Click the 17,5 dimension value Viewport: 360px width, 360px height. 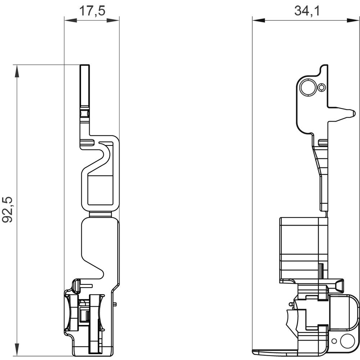click(92, 11)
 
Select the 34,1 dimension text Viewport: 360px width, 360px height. click(307, 11)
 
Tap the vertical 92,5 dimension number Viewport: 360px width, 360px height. click(8, 210)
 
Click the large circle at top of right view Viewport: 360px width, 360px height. click(308, 87)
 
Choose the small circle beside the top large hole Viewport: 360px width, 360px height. click(322, 87)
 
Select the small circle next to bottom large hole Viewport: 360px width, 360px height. click(334, 341)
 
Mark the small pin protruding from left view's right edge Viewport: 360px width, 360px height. click(114, 304)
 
